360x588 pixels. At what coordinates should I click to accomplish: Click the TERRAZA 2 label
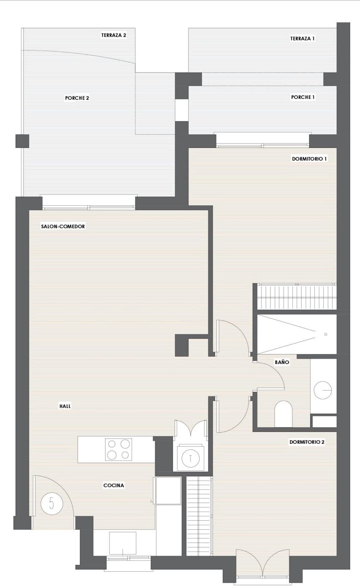(x=114, y=35)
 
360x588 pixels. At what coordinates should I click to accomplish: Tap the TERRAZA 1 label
(x=302, y=38)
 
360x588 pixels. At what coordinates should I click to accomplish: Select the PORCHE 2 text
(x=77, y=98)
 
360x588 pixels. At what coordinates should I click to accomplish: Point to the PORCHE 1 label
(x=303, y=98)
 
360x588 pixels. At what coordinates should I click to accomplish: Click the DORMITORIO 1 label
(x=309, y=159)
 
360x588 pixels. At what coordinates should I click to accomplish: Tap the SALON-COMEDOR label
(x=63, y=226)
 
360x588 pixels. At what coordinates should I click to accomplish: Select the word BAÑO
(x=282, y=363)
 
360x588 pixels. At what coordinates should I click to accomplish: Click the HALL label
(x=65, y=406)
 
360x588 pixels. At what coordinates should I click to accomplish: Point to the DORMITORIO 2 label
(x=307, y=441)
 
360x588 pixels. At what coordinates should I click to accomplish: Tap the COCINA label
(x=114, y=486)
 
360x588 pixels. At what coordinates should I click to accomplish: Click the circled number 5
(x=51, y=503)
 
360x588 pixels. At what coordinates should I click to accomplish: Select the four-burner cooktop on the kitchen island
(x=119, y=449)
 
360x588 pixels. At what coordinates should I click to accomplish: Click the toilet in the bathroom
(x=284, y=414)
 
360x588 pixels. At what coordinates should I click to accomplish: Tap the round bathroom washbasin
(x=323, y=390)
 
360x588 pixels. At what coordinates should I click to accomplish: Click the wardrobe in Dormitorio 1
(x=297, y=297)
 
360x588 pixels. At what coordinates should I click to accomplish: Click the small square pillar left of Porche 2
(x=23, y=141)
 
